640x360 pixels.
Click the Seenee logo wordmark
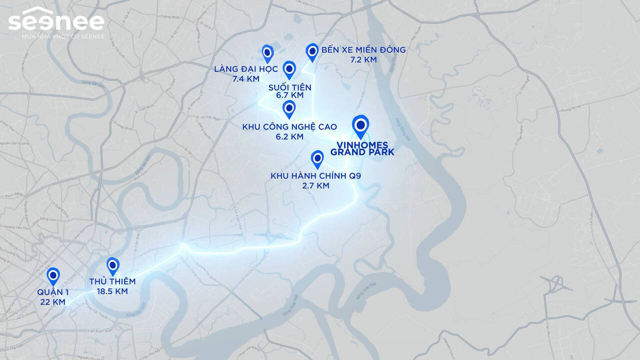56,20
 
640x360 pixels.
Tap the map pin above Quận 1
53,275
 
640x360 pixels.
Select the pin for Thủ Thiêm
113,265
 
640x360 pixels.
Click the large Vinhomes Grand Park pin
360,125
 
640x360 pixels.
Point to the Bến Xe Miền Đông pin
312,51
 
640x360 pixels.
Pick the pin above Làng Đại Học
267,52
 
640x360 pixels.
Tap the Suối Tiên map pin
289,69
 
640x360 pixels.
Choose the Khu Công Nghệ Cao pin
288,108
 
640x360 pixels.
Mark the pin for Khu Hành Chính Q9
317,158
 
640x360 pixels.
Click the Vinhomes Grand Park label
362,148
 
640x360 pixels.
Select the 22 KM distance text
52,302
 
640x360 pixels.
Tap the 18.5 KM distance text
112,291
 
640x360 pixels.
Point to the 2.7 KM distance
315,185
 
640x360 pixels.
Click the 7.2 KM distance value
363,59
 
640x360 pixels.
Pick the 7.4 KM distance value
245,78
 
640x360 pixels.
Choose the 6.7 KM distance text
290,95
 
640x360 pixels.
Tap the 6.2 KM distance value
289,136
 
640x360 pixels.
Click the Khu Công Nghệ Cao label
289,127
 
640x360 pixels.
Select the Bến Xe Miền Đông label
363,49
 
